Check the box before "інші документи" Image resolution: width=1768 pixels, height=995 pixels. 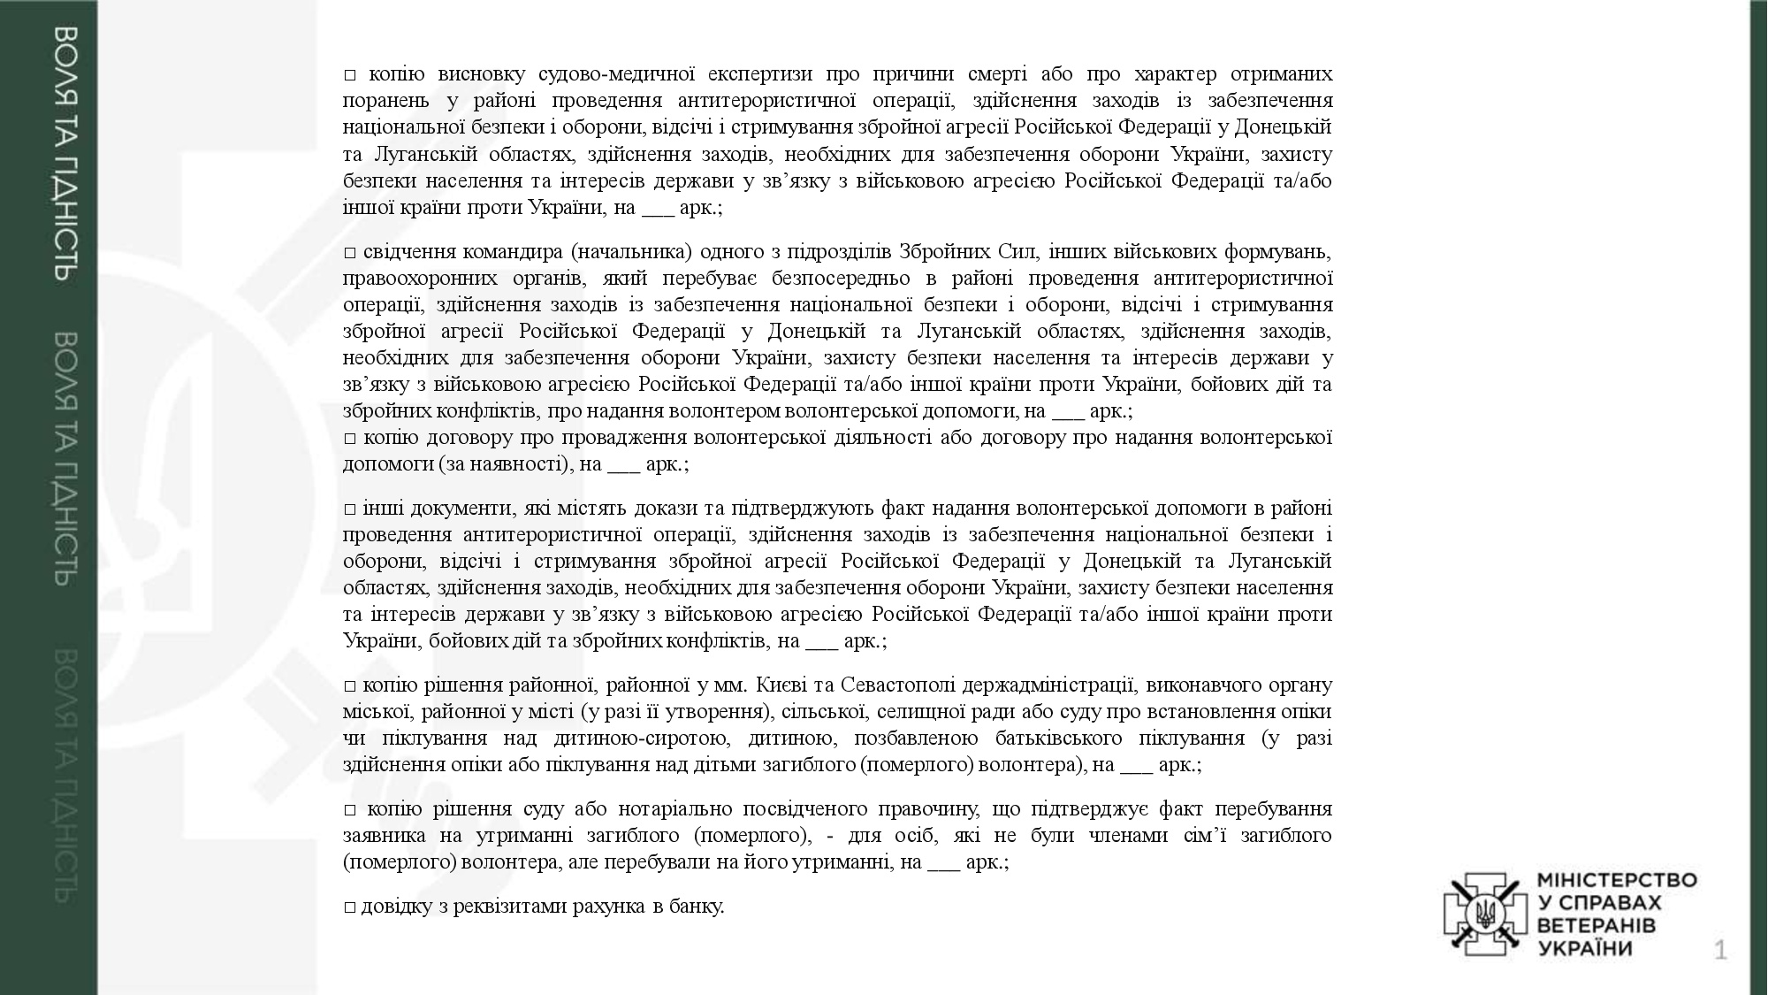pos(350,509)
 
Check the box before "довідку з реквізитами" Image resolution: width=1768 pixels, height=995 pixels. pos(350,907)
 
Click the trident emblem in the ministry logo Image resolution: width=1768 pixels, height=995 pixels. pos(1485,914)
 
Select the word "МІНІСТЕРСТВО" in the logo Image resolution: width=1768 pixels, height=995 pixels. pos(1617,881)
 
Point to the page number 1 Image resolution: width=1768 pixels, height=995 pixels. pos(1720,952)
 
